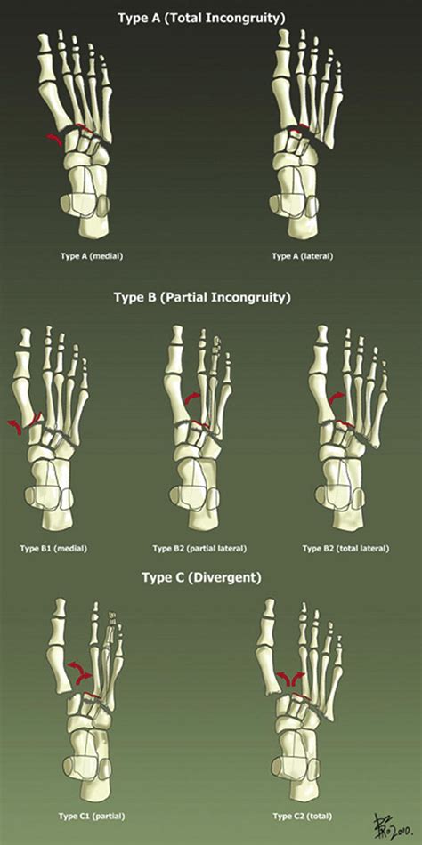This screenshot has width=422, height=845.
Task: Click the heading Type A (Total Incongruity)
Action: click(x=201, y=19)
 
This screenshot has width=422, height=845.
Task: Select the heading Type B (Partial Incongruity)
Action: click(x=202, y=297)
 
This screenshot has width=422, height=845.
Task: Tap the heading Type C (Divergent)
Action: click(x=201, y=577)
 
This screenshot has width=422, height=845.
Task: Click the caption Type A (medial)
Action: click(x=92, y=256)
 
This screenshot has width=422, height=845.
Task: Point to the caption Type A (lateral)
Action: click(x=303, y=256)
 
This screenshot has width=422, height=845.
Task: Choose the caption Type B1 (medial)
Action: click(x=53, y=549)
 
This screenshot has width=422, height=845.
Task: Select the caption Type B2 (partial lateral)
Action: click(x=199, y=549)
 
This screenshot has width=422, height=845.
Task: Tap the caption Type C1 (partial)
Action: click(x=92, y=816)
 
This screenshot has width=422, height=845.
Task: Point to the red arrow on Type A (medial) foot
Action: click(x=54, y=141)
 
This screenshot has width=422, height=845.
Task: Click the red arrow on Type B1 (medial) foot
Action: click(x=13, y=426)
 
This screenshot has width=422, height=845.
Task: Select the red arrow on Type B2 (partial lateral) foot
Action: click(x=192, y=398)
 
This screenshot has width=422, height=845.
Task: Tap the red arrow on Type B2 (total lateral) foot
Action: click(x=337, y=398)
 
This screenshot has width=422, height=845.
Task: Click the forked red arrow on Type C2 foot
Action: click(x=289, y=679)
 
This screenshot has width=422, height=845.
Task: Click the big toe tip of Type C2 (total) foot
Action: click(x=269, y=601)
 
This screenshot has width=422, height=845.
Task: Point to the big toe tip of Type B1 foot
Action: click(x=25, y=330)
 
